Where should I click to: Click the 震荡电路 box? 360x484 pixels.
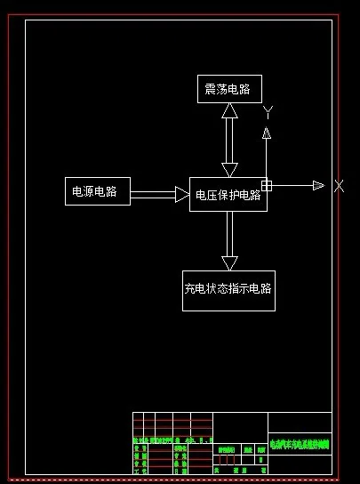[x=229, y=89]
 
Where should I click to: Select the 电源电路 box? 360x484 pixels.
[x=97, y=190]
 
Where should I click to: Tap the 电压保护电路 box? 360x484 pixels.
[x=228, y=194]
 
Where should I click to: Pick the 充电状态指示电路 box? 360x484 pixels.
[x=228, y=290]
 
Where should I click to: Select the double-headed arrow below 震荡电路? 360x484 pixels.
[x=229, y=140]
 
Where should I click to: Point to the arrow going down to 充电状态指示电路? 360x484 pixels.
[x=229, y=240]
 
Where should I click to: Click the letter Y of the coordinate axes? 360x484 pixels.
[x=267, y=111]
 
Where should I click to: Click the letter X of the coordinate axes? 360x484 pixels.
[x=339, y=186]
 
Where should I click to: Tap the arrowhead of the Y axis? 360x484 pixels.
[x=266, y=132]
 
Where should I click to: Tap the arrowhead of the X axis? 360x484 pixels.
[x=318, y=185]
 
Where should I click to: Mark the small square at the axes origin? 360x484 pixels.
[x=266, y=185]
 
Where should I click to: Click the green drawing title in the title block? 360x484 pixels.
[x=300, y=442]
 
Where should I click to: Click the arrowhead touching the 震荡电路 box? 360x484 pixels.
[x=229, y=110]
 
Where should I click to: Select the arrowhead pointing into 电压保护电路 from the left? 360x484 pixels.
[x=182, y=194]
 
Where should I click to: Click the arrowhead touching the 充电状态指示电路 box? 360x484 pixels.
[x=229, y=262]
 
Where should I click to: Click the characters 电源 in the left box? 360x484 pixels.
[x=84, y=190]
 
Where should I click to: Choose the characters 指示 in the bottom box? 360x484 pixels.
[x=238, y=290]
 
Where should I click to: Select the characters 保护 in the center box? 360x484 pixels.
[x=228, y=195]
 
